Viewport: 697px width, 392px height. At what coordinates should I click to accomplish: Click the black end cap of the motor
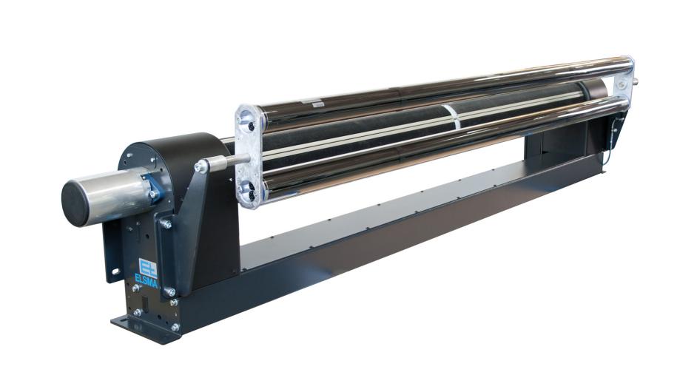75,203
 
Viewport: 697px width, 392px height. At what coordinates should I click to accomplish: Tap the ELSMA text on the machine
147,280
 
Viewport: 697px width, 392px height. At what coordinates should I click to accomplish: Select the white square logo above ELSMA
147,267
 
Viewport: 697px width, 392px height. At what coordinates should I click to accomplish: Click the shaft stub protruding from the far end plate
636,82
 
